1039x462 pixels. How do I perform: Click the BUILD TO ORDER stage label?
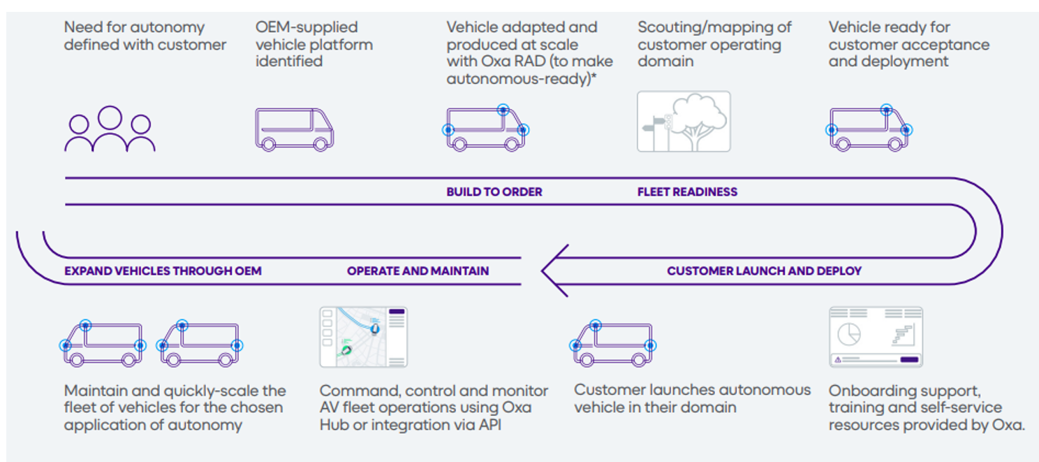[x=494, y=192]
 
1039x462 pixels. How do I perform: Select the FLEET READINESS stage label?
[x=687, y=192]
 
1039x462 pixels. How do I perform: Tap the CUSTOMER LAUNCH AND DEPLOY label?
[x=764, y=270]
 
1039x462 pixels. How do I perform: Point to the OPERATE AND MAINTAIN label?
[x=418, y=270]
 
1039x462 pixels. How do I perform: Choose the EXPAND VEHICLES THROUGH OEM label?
[x=163, y=270]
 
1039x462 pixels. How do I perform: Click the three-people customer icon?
[x=110, y=129]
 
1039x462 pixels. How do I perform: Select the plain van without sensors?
[x=294, y=129]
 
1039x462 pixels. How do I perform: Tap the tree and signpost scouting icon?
[x=684, y=122]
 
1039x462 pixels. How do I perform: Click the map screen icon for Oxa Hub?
[x=363, y=337]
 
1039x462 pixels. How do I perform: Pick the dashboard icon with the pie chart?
[x=876, y=337]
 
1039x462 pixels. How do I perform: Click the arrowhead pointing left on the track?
[x=552, y=270]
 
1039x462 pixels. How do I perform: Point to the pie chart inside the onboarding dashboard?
[x=848, y=333]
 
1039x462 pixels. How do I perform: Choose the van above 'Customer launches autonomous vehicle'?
[x=614, y=344]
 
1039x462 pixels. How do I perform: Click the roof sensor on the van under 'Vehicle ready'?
[x=886, y=110]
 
